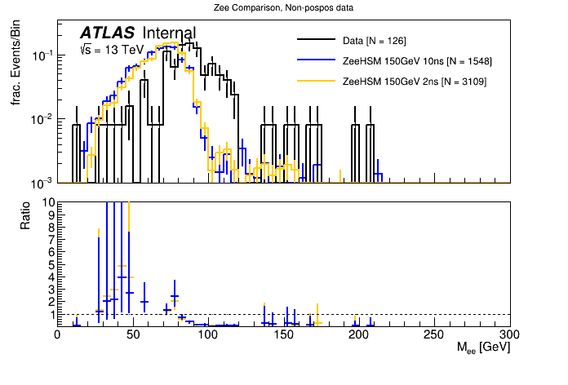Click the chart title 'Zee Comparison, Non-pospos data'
283,8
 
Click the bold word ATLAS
107,33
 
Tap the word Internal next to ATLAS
169,33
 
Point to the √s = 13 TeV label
111,50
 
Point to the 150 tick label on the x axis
283,334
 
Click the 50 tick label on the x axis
132,334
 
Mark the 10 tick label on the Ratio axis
48,201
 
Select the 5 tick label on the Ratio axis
51,264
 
